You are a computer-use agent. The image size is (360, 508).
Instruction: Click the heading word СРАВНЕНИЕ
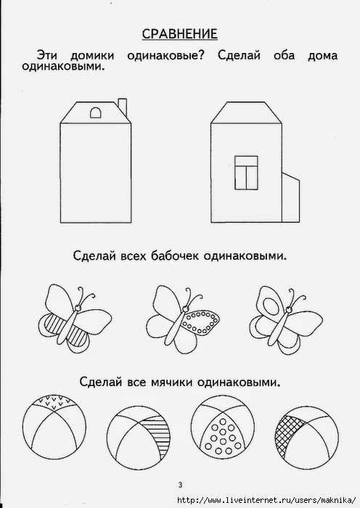coord(180,34)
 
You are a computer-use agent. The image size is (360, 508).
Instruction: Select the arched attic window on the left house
coord(95,112)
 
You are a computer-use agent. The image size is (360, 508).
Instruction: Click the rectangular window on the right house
coord(246,173)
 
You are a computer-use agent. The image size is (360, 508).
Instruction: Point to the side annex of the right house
coord(290,197)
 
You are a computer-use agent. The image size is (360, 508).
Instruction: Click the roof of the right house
coord(246,112)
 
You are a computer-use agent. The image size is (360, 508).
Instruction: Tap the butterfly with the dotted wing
coord(183,319)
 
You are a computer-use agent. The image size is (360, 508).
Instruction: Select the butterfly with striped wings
coord(75,319)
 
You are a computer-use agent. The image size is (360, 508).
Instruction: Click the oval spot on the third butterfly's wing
coord(270,306)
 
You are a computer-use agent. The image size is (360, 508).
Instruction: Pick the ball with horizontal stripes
coord(139,438)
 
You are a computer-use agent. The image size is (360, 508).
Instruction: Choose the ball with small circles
coord(222,427)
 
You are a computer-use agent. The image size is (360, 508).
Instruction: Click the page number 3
coord(180,485)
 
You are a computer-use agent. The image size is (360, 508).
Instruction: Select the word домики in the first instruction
coord(92,55)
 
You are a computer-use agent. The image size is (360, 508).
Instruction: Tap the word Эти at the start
coord(47,55)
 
